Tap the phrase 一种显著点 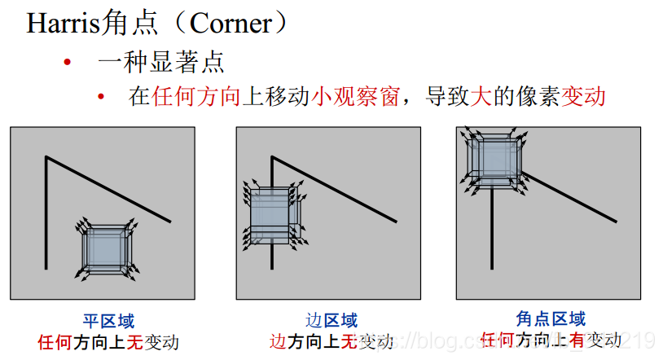coord(160,62)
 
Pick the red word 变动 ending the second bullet coord(583,96)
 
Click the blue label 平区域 coord(108,320)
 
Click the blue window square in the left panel coord(107,249)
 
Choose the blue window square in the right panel coord(492,158)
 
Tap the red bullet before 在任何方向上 coord(101,97)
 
